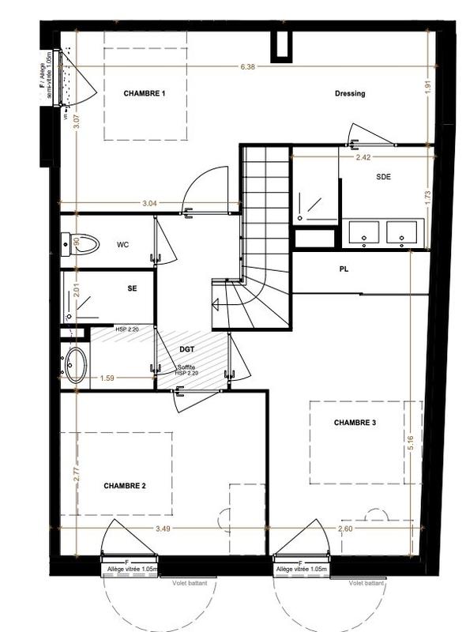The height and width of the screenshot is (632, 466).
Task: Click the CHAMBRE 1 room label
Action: pos(145,94)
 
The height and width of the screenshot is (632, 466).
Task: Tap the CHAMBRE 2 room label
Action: pos(125,486)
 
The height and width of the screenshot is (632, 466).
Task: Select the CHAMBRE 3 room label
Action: pos(355,423)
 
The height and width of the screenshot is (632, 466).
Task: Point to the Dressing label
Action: pos(349,94)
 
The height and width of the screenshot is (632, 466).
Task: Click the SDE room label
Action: pos(384,178)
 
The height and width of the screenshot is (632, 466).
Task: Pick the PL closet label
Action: pos(344,269)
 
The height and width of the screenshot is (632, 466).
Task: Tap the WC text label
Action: pos(122,245)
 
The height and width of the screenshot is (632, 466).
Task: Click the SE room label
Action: pos(132,289)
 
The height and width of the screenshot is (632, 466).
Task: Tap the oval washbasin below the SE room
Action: pos(75,365)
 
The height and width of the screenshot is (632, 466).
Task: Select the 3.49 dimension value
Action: pos(163,528)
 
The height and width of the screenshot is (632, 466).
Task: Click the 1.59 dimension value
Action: pos(108,378)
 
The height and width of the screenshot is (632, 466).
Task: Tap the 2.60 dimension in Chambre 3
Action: pos(346,528)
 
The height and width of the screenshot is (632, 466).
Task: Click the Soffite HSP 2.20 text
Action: pos(186,369)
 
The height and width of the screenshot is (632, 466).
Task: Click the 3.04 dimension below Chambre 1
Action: pos(148,203)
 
